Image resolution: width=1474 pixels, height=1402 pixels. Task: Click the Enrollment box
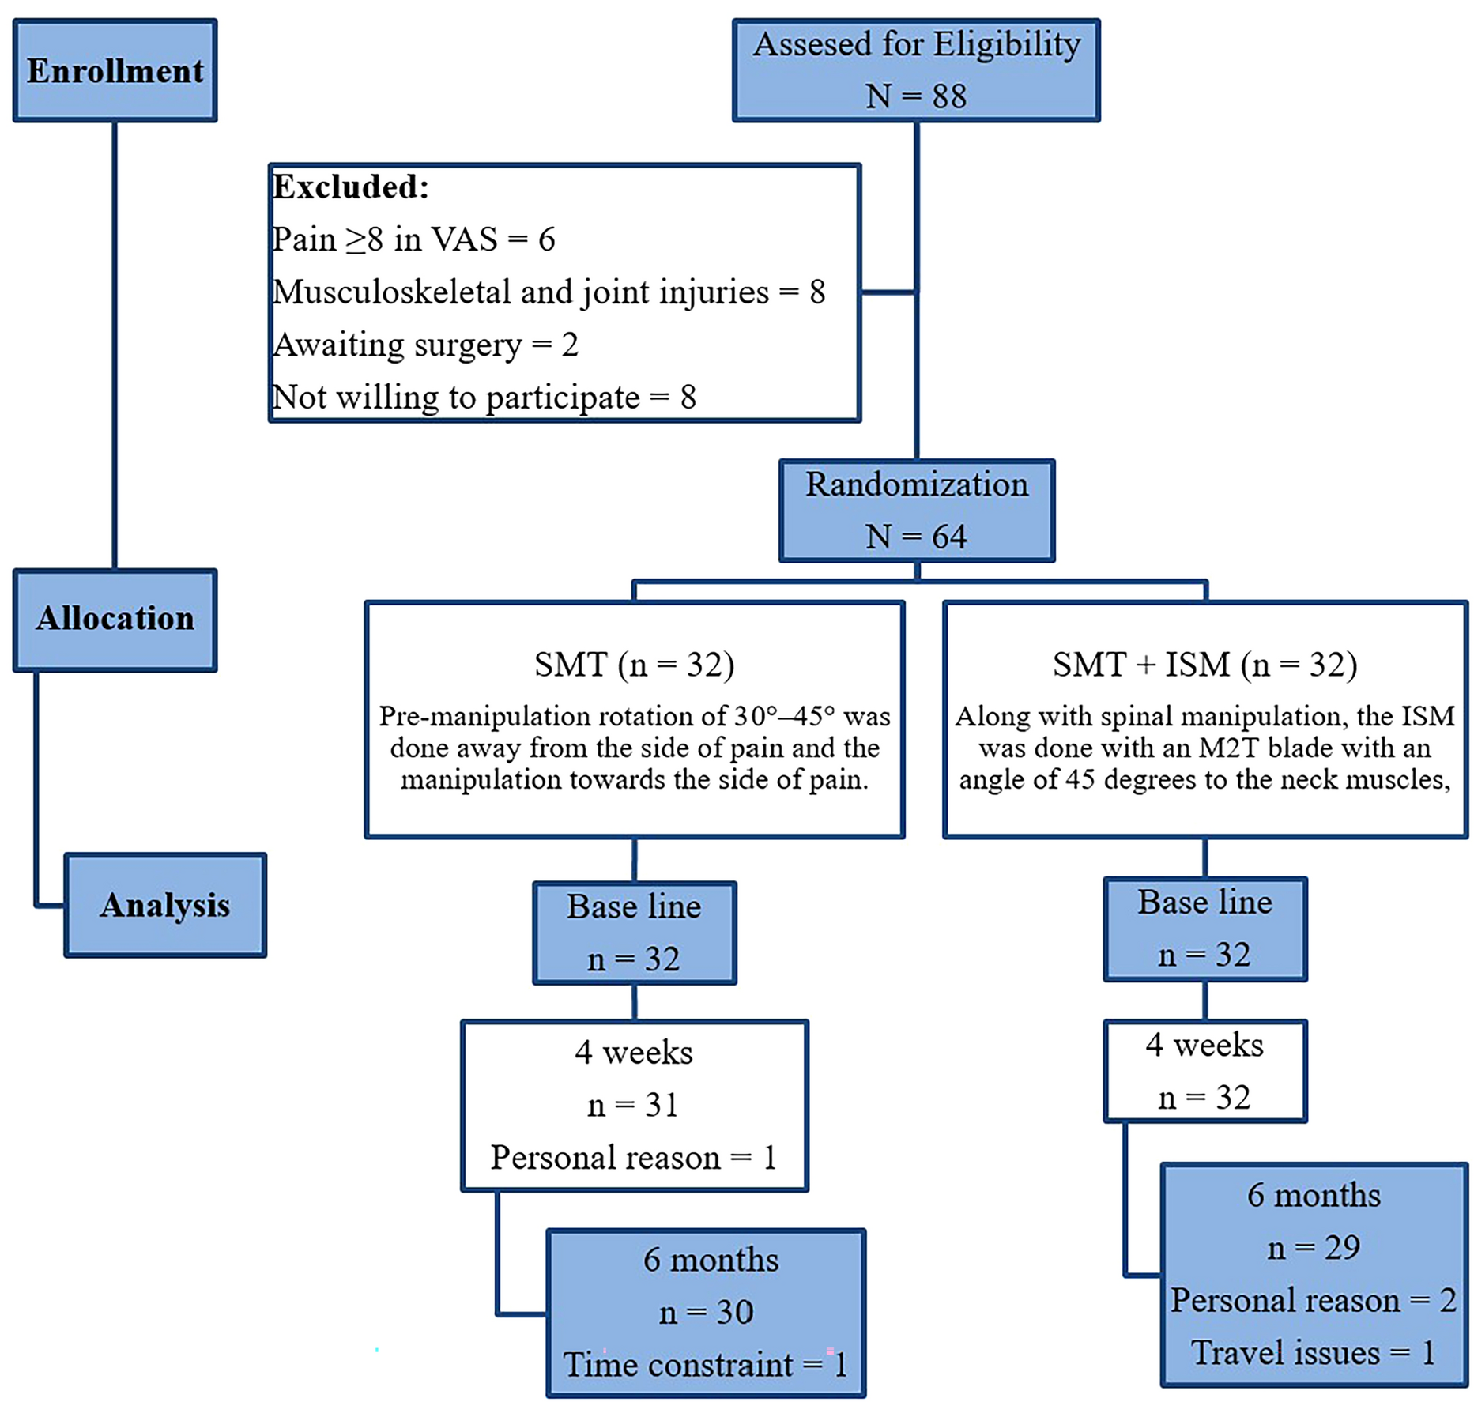coord(115,71)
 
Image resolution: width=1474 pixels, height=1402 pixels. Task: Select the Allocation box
coord(115,619)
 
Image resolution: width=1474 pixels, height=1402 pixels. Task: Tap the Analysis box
coord(164,905)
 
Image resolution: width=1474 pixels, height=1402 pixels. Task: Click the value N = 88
coord(915,96)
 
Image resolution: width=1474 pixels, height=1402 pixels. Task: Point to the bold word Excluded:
coord(350,187)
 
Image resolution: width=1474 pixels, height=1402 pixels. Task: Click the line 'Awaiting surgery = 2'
coord(425,345)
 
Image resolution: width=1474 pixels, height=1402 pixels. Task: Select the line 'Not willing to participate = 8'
coord(484,397)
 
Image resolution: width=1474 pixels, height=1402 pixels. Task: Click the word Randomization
coord(916,484)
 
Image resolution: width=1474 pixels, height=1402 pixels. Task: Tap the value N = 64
coord(915,537)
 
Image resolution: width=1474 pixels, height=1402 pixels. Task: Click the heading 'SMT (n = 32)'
coord(634,664)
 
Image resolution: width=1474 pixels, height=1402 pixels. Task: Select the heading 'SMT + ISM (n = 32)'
coord(1204,664)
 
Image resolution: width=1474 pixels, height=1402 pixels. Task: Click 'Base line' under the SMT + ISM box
coord(1204,902)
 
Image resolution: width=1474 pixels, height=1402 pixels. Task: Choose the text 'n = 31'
coord(633,1104)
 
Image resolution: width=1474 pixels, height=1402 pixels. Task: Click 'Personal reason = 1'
coord(633,1157)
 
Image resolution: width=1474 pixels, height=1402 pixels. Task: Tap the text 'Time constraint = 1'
coord(705,1364)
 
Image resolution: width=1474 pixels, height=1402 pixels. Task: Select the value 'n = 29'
coord(1313,1247)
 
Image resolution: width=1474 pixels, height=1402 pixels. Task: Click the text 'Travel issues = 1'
coord(1313,1352)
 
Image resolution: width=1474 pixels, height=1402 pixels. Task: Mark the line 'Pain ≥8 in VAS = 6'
coord(413,239)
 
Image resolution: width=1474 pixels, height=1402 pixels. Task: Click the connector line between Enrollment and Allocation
coord(115,345)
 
